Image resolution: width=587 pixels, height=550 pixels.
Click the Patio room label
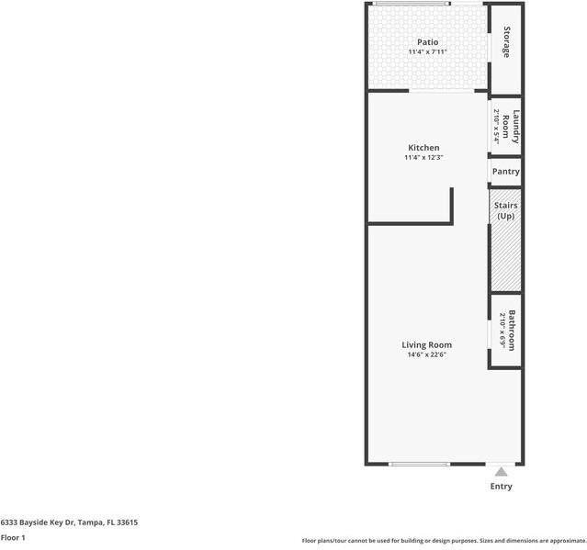coord(427,41)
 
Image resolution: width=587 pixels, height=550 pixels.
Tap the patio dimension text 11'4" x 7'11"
coord(427,52)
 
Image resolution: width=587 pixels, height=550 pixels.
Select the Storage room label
coord(506,42)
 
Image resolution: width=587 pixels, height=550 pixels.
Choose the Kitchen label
coord(423,147)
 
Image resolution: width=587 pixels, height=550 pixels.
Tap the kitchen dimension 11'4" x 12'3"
coord(423,158)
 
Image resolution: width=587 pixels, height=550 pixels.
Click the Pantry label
coord(505,172)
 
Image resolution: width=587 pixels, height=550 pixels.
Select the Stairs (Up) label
coord(505,210)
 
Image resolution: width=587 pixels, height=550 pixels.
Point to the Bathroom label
coord(512,331)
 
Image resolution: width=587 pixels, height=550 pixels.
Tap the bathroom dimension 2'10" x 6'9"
coord(502,331)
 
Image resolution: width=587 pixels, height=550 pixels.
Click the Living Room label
coord(426,344)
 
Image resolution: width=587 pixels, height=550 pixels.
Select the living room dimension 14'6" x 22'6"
coord(426,354)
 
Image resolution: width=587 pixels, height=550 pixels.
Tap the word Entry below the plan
coord(501,487)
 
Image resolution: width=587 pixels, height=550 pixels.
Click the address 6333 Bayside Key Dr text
coord(69,522)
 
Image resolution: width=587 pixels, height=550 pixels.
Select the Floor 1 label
coord(13,537)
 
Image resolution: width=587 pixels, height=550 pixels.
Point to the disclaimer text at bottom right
coord(444,541)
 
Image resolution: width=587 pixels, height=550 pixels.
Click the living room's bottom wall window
coord(419,464)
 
